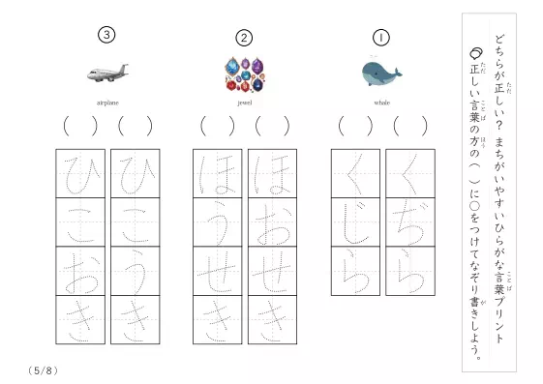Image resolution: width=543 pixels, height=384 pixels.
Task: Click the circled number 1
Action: coord(381,38)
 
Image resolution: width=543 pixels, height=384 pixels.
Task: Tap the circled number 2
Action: coord(244,38)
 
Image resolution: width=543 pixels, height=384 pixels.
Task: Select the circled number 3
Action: coord(106,35)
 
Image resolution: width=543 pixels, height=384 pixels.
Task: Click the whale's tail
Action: coord(397,73)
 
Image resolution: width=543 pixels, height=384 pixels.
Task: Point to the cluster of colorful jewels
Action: coord(245,74)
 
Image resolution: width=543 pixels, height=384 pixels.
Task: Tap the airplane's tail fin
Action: coord(123,69)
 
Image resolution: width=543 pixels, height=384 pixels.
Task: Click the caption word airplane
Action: coord(107,103)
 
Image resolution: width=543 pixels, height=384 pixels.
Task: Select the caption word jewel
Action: coord(245,103)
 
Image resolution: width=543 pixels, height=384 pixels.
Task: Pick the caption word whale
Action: coord(382,103)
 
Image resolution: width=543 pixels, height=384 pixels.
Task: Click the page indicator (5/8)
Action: coord(43,370)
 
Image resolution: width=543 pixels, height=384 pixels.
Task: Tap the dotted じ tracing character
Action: coord(355,223)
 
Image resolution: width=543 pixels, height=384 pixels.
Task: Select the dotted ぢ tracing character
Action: coord(410,222)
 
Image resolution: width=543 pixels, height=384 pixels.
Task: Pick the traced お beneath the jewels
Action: coord(273,223)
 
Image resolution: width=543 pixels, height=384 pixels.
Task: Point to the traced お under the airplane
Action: coord(80,272)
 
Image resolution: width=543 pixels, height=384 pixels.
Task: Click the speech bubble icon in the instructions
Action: coord(476,53)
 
